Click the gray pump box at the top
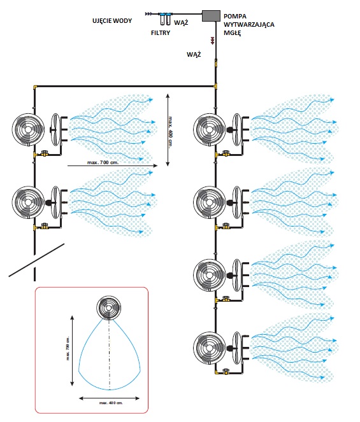pos(211,16)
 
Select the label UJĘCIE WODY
pos(112,21)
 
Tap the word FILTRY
pos(161,33)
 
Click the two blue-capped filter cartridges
pos(166,18)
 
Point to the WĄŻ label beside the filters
pos(181,23)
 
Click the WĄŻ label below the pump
pos(194,54)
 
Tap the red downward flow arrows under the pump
pos(213,40)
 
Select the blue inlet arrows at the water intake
pos(148,14)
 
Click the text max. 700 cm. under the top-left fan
pos(103,162)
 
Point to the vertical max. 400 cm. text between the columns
pos(170,131)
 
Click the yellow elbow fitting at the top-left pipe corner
pos(35,87)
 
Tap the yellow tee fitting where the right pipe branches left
pos(215,87)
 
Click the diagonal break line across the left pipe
pos(37,260)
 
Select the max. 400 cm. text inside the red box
pos(111,403)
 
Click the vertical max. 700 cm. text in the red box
pos(68,348)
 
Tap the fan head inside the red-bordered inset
pos(108,307)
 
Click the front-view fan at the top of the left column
pos(28,130)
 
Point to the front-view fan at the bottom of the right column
pos(210,348)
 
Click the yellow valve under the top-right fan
pos(225,154)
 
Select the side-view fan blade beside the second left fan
pos(55,202)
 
